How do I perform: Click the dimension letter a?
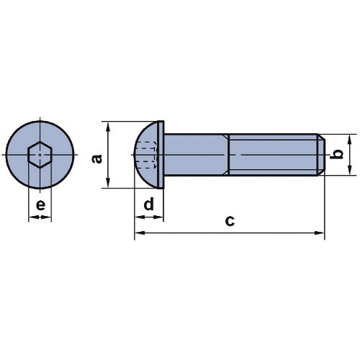click(97, 159)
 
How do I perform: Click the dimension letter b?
click(336, 154)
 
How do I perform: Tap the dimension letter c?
click(230, 221)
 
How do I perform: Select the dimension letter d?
click(148, 204)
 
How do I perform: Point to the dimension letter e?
click(40, 205)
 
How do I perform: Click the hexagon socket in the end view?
click(40, 155)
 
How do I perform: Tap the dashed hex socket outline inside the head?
click(146, 155)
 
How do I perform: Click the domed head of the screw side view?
click(146, 155)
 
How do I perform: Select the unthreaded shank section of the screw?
click(197, 155)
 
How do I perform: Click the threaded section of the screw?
click(273, 155)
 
